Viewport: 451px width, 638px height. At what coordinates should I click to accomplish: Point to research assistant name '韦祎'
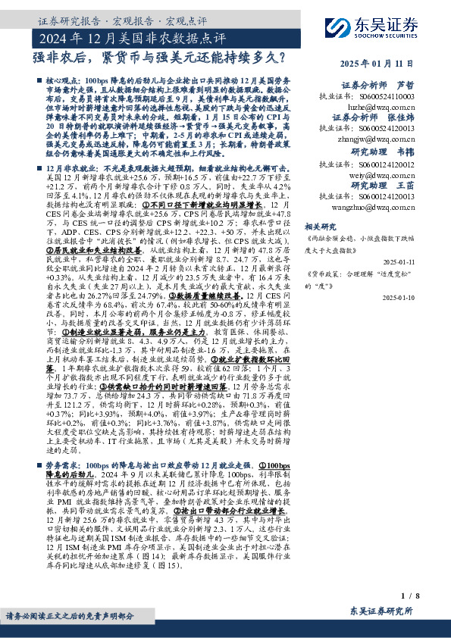406,152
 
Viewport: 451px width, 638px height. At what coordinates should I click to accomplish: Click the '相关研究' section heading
319,225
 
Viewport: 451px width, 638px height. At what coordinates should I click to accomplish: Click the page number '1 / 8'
411,597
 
